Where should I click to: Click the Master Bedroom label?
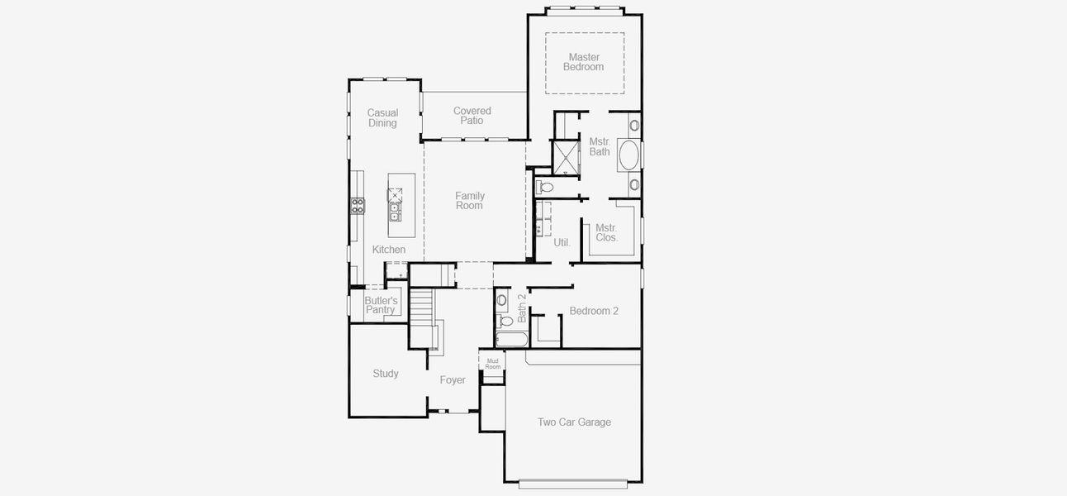[583, 62]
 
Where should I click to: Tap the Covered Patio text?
[472, 116]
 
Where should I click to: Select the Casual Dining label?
[382, 118]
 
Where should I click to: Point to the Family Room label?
[469, 201]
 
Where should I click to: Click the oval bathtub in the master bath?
[629, 156]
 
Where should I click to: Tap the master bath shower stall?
[567, 159]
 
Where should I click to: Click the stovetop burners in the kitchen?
[358, 205]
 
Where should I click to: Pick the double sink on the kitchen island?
[395, 212]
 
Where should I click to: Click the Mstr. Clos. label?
[606, 232]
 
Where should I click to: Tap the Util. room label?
[562, 243]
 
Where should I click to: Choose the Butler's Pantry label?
[381, 305]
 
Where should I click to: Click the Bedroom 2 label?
[593, 312]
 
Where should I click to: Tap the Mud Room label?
[492, 364]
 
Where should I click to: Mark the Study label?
[385, 374]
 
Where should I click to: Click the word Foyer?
[452, 380]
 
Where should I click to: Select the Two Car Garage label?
[574, 422]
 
